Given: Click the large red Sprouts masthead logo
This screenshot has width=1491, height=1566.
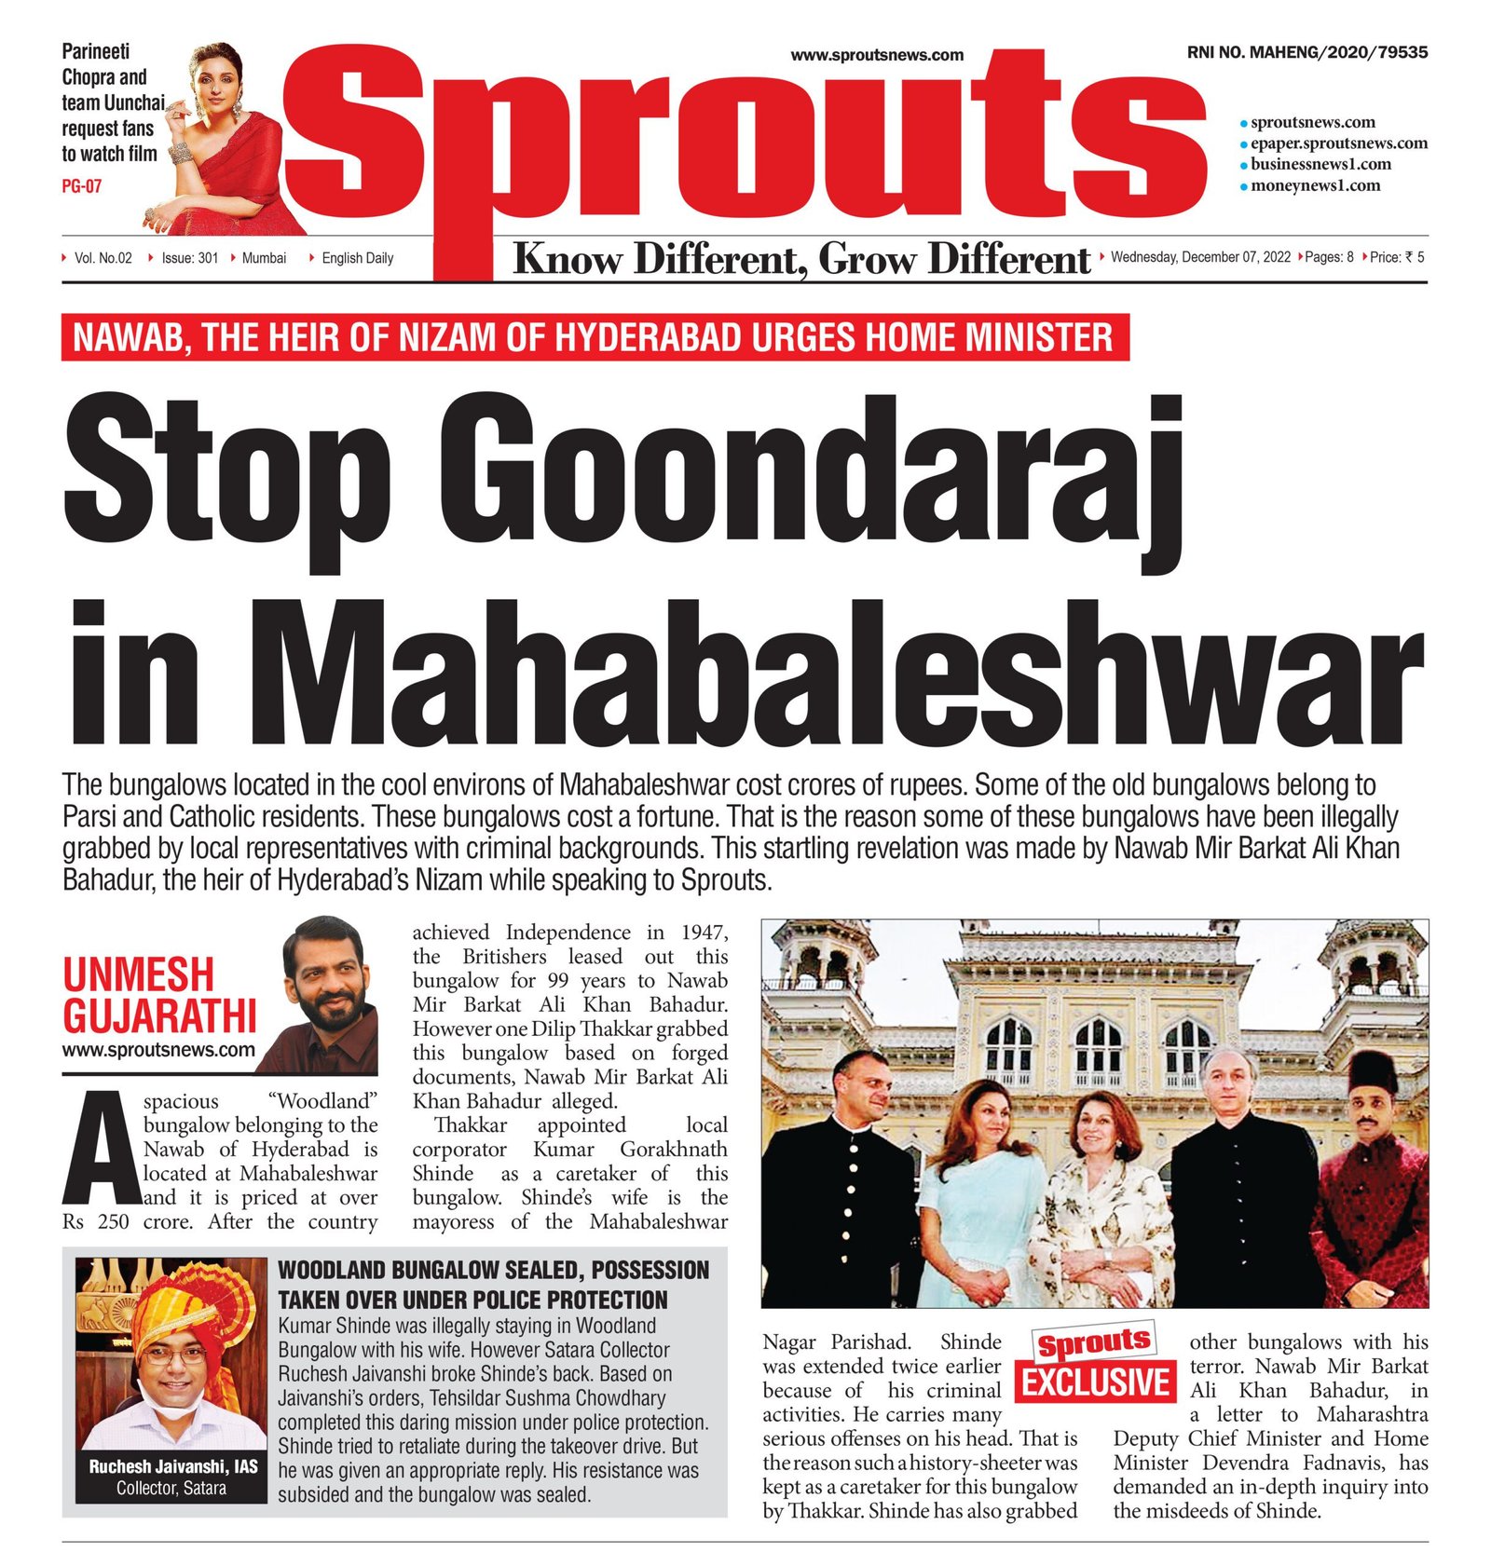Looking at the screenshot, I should click(745, 140).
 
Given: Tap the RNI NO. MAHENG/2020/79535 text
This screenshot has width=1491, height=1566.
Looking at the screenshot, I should click(1306, 53).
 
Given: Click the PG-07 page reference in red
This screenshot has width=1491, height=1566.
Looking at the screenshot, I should click(81, 186).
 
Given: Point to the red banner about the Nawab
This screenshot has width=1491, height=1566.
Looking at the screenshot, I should click(595, 337).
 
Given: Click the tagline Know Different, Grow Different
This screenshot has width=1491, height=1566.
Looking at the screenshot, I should click(801, 259).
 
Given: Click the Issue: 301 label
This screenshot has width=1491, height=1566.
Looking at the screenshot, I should click(189, 258).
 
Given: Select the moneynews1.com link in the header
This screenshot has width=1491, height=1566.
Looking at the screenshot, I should click(1315, 185).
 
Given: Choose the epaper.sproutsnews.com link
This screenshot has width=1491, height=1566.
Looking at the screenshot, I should click(1338, 143).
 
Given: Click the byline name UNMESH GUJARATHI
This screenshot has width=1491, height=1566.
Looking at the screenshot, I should click(158, 995).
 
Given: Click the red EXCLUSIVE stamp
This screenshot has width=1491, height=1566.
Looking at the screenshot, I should click(1096, 1381).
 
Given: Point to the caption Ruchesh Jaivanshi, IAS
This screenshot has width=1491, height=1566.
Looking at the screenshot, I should click(172, 1466).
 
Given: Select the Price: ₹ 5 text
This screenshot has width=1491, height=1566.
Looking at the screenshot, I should click(1397, 257).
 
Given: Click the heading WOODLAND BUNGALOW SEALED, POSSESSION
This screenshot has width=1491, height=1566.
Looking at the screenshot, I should click(493, 1270).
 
